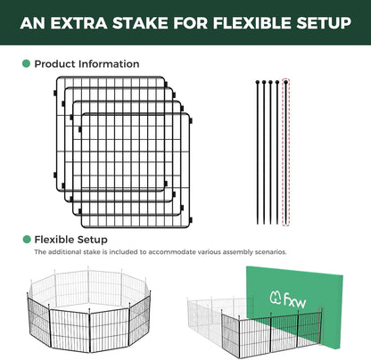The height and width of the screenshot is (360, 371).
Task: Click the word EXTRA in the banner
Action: pyautogui.click(x=78, y=23)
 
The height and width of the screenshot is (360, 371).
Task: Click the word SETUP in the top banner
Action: pyautogui.click(x=324, y=23)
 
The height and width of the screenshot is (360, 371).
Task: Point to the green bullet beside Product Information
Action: pyautogui.click(x=26, y=63)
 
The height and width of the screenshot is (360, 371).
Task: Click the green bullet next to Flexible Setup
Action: pyautogui.click(x=27, y=240)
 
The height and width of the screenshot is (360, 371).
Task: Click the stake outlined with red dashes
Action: pyautogui.click(x=286, y=152)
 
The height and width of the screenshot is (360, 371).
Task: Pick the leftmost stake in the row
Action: pyautogui.click(x=258, y=152)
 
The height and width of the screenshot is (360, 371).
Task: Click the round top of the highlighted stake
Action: pyautogui.click(x=286, y=82)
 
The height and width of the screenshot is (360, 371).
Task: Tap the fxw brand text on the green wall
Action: pyautogui.click(x=295, y=300)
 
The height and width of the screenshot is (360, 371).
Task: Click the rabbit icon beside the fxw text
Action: pyautogui.click(x=276, y=298)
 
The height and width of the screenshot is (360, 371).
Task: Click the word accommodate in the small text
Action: pyautogui.click(x=172, y=252)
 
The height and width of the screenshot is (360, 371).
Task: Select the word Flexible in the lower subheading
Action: pyautogui.click(x=54, y=240)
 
